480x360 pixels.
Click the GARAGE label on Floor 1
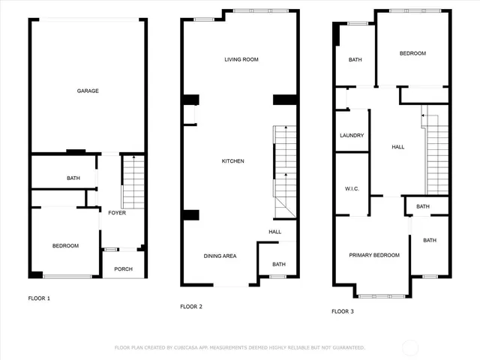(88, 91)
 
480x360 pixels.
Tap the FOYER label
(116, 213)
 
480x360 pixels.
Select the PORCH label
(123, 269)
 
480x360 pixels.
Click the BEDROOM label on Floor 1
(65, 246)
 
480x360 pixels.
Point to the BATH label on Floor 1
(73, 178)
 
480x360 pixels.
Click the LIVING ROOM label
(241, 59)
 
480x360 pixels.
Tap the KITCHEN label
(232, 161)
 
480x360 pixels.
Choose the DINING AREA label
(220, 256)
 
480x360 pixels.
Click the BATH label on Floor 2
(278, 264)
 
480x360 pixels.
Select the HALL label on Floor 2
(274, 232)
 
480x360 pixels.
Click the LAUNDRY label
(352, 136)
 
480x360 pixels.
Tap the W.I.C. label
(352, 188)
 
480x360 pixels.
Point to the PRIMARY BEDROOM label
(374, 255)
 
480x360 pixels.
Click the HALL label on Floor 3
(398, 147)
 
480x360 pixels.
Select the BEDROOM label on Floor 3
(412, 53)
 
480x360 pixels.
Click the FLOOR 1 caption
(39, 298)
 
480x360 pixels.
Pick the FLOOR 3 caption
(343, 310)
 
